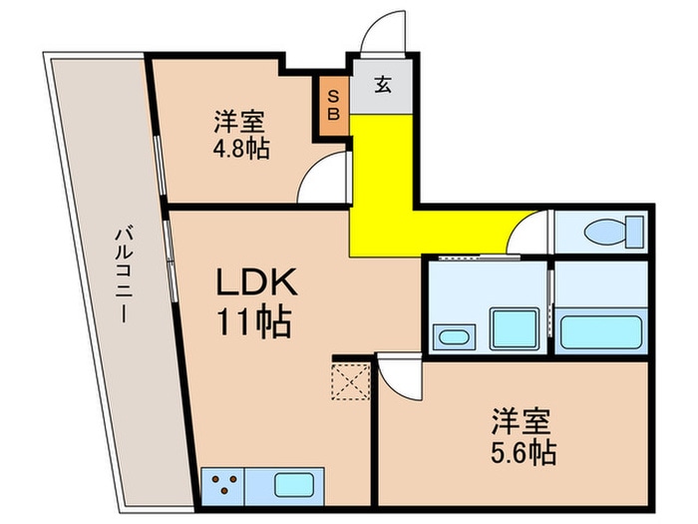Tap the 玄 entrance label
(382, 85)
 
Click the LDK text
(256, 285)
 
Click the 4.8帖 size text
(238, 149)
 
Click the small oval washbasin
(454, 335)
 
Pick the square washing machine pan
(515, 327)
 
